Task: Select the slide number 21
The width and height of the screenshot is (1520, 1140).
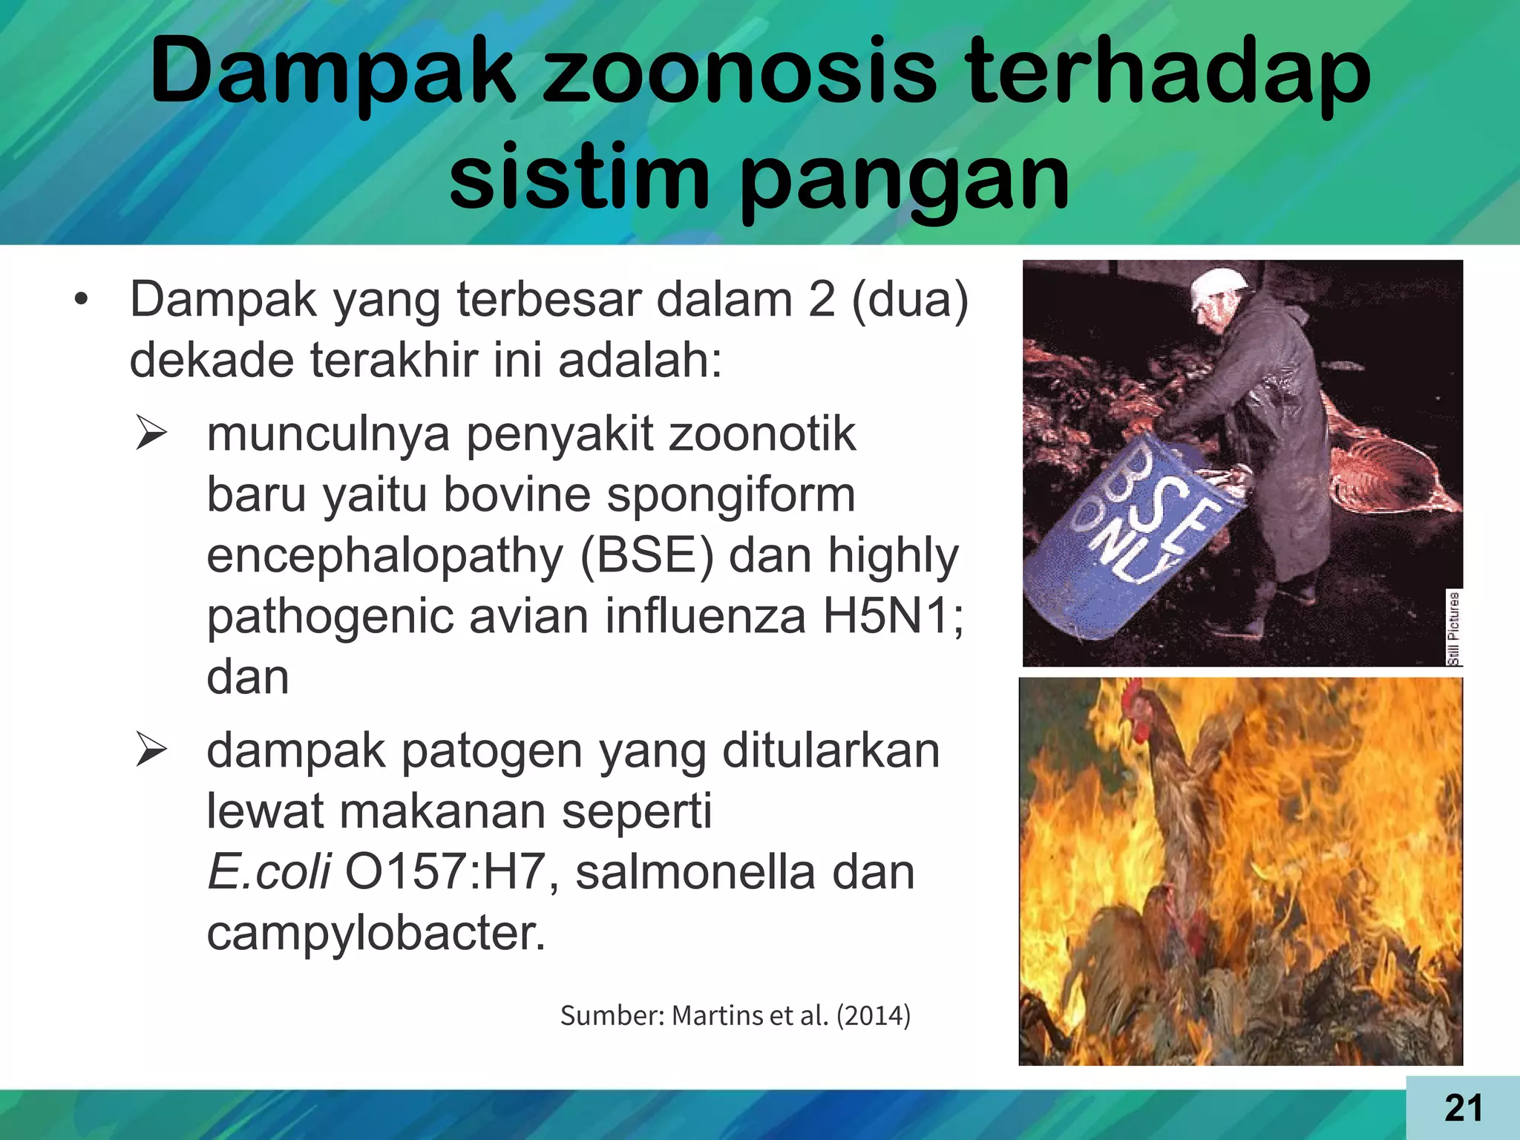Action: [x=1463, y=1108]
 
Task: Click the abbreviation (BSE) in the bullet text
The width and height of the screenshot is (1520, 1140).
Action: [x=646, y=556]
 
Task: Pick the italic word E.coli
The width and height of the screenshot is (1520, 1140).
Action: [x=269, y=871]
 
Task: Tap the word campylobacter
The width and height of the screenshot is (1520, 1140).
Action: [x=376, y=932]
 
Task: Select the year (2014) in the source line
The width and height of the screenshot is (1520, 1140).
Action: [x=874, y=1015]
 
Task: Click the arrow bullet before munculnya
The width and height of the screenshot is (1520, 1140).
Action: [x=151, y=435]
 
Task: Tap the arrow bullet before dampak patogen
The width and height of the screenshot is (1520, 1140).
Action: [x=151, y=751]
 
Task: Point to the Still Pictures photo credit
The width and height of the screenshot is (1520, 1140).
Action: [x=1454, y=628]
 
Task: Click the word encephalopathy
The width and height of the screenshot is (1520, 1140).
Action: [x=385, y=556]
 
